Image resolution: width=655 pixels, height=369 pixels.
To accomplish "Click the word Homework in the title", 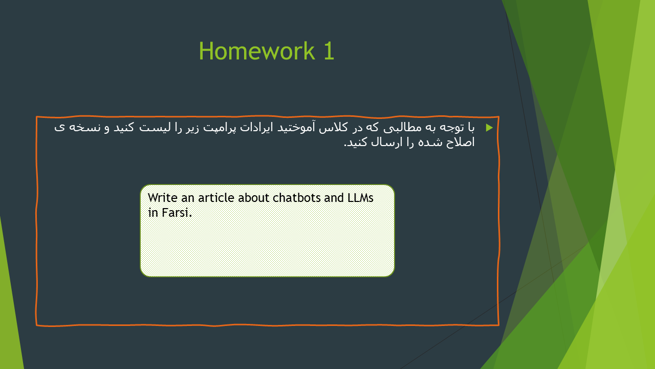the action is pyautogui.click(x=257, y=51).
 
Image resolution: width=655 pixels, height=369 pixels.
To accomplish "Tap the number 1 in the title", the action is pyautogui.click(x=329, y=51).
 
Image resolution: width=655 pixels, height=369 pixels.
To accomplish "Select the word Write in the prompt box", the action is pyautogui.click(x=163, y=198).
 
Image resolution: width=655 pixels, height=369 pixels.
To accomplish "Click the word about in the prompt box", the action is pyautogui.click(x=254, y=198).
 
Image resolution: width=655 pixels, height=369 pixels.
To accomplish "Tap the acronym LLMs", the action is pyautogui.click(x=360, y=198).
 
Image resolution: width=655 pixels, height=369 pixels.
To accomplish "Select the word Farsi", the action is pyautogui.click(x=177, y=213).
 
